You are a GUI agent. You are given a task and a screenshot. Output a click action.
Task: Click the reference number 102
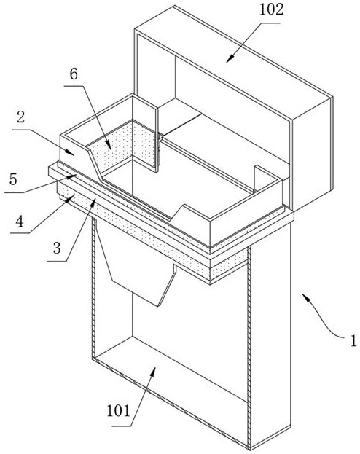(x=271, y=9)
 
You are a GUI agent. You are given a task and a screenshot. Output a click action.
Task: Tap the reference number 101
(x=119, y=410)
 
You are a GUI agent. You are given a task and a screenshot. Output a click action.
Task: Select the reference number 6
(x=74, y=74)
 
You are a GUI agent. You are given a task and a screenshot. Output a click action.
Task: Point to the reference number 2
(x=20, y=118)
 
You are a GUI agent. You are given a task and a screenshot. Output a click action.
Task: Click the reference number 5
(x=13, y=179)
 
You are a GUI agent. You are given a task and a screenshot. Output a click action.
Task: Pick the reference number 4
(x=20, y=222)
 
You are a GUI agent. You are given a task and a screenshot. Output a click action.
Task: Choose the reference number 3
(x=57, y=248)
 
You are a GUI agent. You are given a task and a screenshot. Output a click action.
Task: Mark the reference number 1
(x=353, y=341)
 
